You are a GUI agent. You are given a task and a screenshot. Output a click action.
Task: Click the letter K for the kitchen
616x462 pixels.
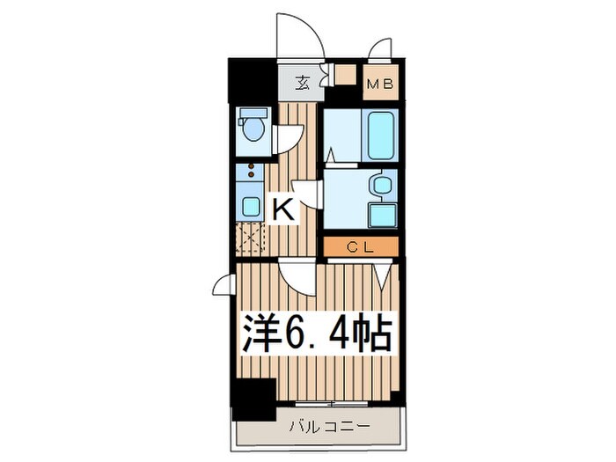pyautogui.click(x=282, y=209)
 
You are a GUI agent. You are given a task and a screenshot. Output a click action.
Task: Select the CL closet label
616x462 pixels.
pyautogui.click(x=362, y=247)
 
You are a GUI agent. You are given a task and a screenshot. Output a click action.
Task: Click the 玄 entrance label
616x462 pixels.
pyautogui.click(x=302, y=84)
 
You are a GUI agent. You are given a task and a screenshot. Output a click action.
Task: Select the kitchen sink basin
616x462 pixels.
pyautogui.click(x=251, y=208)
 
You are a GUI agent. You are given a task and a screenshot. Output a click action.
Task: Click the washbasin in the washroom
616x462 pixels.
pyautogui.click(x=382, y=186)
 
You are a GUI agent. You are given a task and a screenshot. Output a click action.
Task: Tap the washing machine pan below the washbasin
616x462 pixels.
pyautogui.click(x=382, y=215)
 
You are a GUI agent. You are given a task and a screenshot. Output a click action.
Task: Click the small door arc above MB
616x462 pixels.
pyautogui.click(x=380, y=48)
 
